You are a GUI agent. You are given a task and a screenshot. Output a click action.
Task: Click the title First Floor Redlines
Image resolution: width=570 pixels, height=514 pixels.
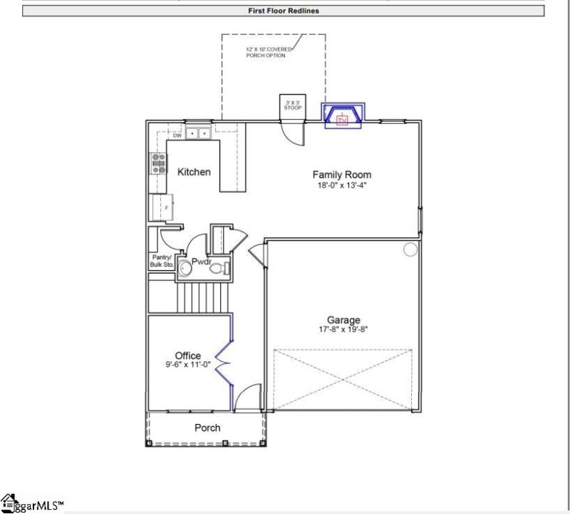click(284, 11)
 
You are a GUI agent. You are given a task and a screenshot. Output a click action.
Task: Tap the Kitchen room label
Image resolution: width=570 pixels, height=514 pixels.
click(194, 172)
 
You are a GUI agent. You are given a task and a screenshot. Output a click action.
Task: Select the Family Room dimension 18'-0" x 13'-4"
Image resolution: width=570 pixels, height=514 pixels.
click(342, 185)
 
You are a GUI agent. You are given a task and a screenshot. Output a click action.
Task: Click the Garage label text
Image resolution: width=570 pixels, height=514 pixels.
click(343, 320)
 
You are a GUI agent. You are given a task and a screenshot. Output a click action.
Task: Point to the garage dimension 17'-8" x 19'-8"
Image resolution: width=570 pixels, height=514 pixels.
click(343, 329)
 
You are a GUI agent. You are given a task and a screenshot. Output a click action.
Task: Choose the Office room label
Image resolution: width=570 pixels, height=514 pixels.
click(188, 356)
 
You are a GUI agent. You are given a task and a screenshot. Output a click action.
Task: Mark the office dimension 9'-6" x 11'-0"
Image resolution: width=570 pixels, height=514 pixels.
click(188, 365)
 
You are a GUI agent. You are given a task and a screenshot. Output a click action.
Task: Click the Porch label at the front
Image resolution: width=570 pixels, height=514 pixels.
click(207, 428)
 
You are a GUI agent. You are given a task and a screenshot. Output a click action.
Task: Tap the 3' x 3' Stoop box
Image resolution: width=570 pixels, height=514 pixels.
click(293, 106)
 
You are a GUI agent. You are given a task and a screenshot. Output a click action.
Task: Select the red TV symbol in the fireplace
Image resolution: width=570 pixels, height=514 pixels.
click(343, 119)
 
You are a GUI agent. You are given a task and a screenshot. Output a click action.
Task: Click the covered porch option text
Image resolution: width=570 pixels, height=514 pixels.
click(266, 52)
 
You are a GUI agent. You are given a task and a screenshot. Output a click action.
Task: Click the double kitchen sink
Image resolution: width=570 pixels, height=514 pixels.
click(197, 131)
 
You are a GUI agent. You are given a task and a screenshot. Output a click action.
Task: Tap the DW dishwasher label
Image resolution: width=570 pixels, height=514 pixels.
click(176, 135)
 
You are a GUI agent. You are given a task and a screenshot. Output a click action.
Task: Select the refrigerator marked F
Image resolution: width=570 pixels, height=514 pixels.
click(161, 207)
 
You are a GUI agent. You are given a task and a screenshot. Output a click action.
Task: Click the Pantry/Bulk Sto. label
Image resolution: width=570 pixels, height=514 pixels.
click(161, 260)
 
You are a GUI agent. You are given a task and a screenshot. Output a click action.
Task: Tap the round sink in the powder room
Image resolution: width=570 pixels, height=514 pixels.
click(185, 268)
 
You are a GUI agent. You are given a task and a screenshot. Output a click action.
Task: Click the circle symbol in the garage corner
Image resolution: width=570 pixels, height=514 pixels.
click(410, 250)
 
